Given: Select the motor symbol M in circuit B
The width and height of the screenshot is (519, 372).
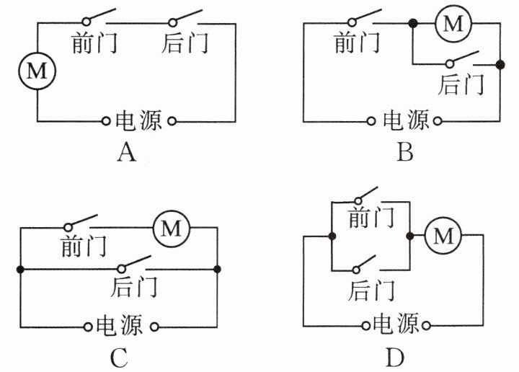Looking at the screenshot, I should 453,24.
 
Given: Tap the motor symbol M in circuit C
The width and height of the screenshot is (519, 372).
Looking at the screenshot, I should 171,229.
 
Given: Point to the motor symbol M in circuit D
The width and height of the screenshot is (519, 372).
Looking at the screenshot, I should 443,235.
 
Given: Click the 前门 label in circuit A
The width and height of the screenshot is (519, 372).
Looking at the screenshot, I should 94,43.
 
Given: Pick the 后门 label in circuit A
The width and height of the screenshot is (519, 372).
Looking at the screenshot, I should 185,43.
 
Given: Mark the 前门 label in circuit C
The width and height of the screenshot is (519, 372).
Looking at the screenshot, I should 83,247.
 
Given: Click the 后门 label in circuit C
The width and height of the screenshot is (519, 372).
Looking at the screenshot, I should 134,287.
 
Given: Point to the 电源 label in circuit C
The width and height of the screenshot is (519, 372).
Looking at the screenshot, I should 120,326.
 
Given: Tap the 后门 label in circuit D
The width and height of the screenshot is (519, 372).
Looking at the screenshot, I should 371,291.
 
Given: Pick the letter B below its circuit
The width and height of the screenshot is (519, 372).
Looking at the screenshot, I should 404,153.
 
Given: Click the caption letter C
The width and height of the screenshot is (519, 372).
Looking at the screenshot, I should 120,357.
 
